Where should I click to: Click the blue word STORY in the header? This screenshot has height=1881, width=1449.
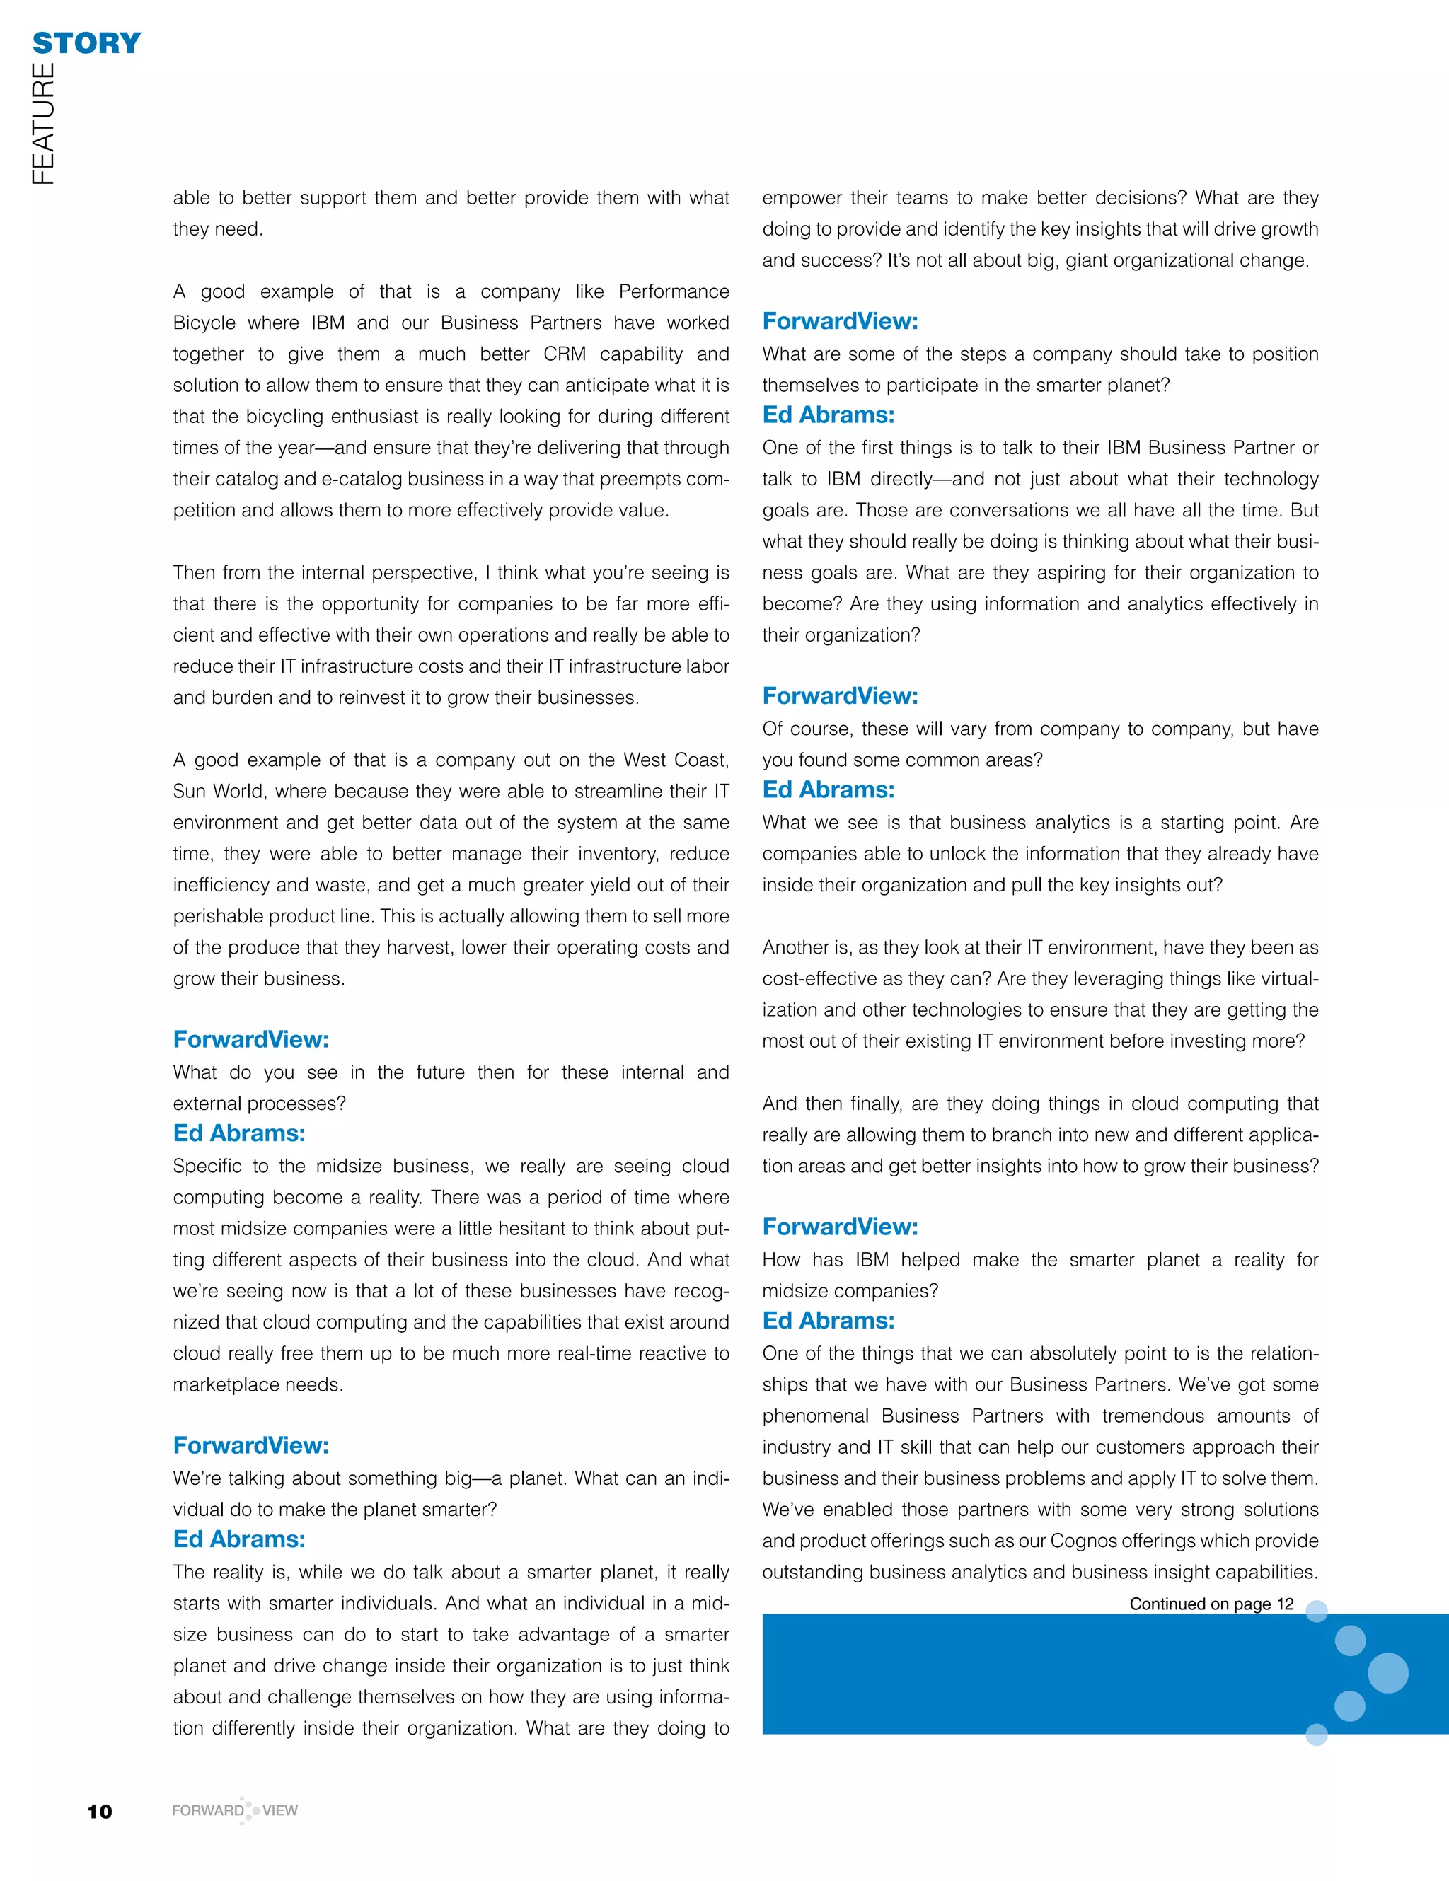click(86, 43)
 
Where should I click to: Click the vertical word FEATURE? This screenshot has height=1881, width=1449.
click(43, 123)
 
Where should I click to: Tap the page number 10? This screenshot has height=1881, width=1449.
click(100, 1811)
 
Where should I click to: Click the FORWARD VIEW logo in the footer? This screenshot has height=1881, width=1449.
click(234, 1810)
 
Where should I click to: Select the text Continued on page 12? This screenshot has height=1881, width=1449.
click(1211, 1604)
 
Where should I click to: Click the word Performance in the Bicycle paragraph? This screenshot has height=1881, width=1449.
click(674, 291)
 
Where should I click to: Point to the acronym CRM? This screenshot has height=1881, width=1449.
click(565, 354)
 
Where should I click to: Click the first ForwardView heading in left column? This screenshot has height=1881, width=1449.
click(250, 1040)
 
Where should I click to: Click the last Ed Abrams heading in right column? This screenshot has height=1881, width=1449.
click(828, 1320)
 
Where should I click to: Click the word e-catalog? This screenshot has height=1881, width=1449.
click(359, 479)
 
